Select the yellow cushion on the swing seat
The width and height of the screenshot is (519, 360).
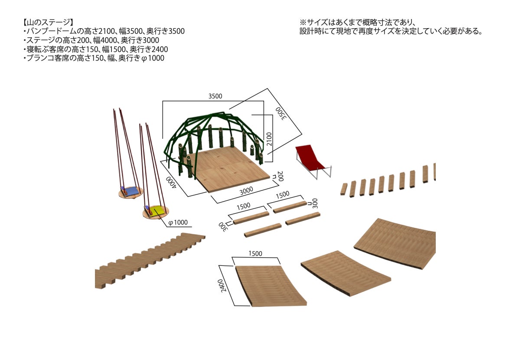point(157,211)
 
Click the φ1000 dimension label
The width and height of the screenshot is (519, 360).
point(178,223)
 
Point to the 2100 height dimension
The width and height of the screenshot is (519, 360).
point(269,139)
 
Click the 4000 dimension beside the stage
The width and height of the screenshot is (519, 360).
point(171,183)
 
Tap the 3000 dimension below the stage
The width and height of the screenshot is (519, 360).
point(246,190)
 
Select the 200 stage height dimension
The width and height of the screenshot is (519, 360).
point(280,176)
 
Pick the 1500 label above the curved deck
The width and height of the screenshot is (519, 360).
point(255,254)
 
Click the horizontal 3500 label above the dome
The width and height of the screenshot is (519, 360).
point(215,96)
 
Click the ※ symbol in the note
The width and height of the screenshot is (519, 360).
point(303,23)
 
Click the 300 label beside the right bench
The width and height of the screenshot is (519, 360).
point(315,203)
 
